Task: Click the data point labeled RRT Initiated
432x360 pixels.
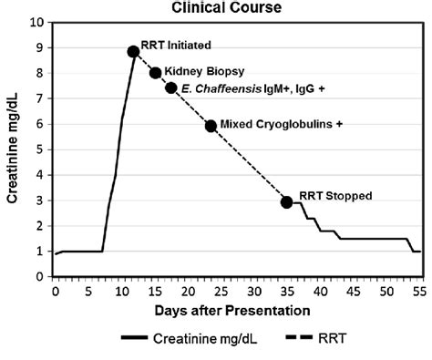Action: coord(133,52)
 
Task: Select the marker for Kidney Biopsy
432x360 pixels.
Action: coord(155,73)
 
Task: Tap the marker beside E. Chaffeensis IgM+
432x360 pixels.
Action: coord(170,88)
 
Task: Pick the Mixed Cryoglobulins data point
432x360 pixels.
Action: coord(211,126)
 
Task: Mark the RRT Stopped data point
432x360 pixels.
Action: coord(287,202)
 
